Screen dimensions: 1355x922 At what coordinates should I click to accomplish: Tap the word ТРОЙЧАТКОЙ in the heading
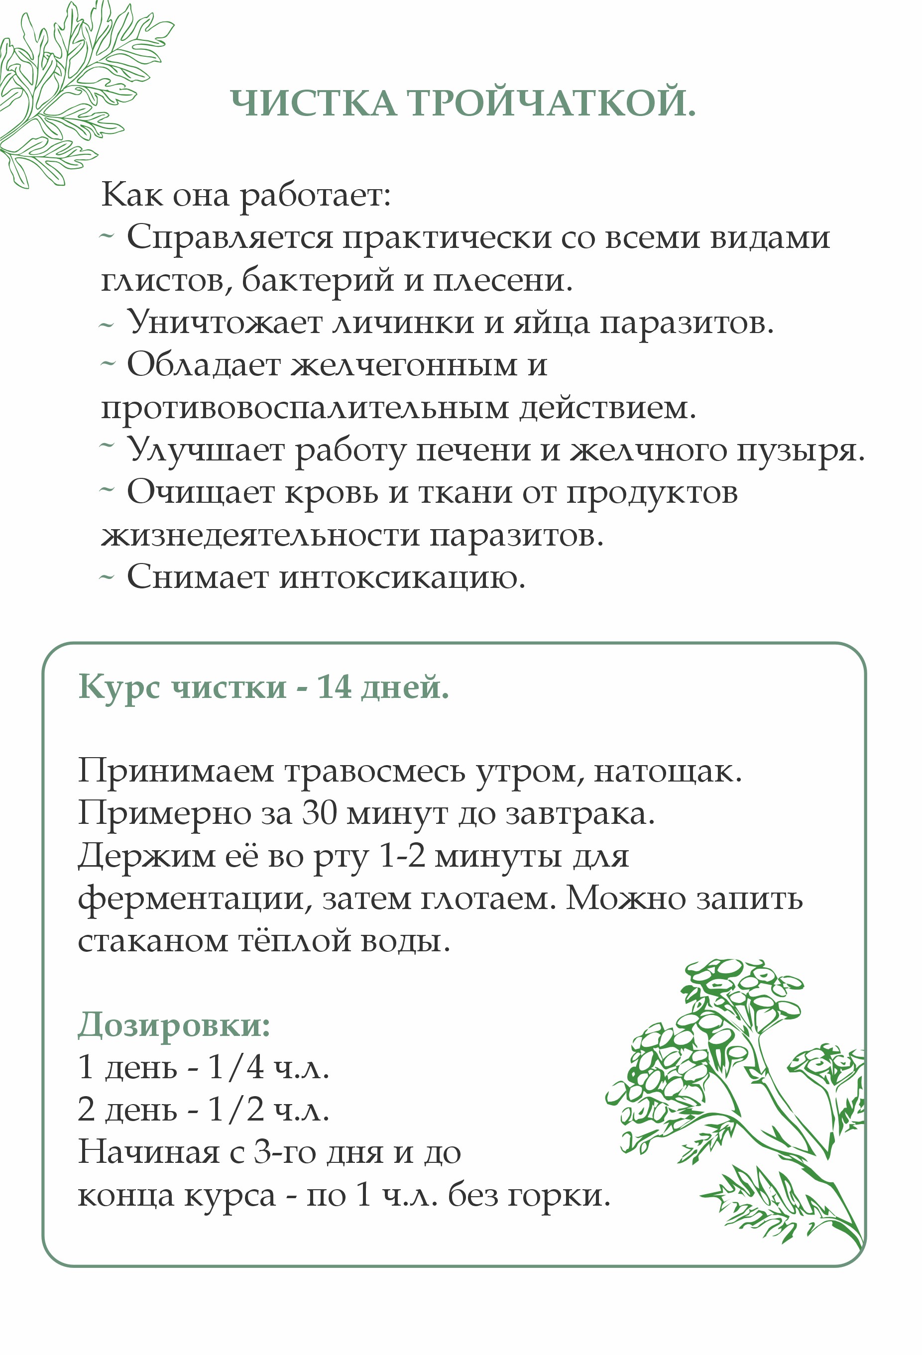pos(551,103)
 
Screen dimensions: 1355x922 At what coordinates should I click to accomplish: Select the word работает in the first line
pos(315,195)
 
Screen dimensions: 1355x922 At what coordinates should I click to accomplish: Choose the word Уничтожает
pos(225,323)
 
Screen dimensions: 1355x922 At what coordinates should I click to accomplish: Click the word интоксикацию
pos(402,578)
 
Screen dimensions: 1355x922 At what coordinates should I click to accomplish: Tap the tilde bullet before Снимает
pos(106,578)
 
